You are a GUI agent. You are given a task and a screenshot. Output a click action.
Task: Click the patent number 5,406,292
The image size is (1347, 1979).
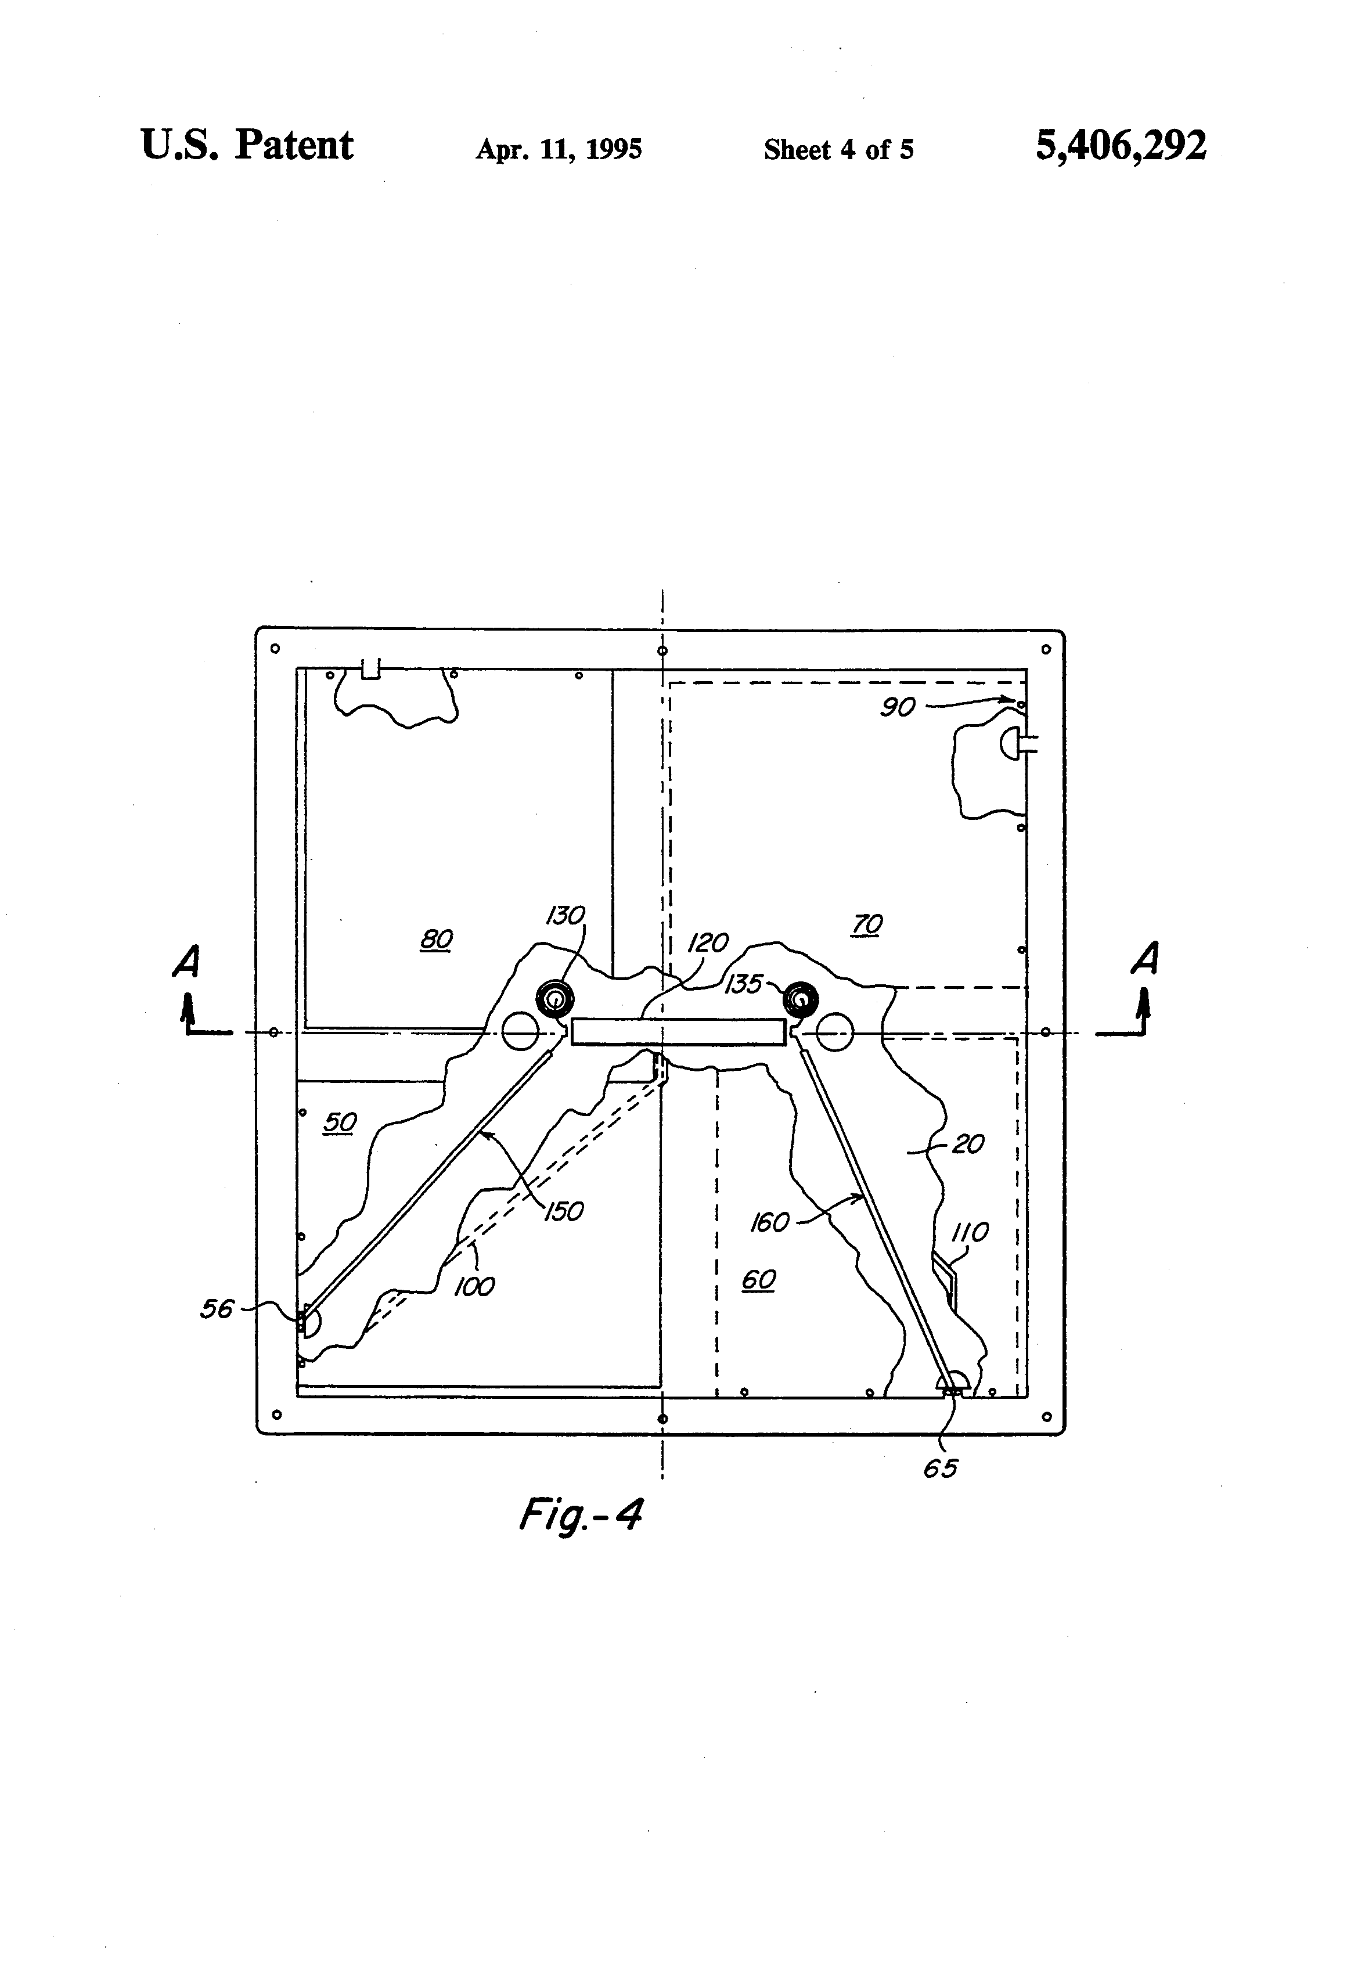pyautogui.click(x=1121, y=146)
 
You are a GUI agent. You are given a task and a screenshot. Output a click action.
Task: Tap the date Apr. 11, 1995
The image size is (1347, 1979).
pyautogui.click(x=559, y=150)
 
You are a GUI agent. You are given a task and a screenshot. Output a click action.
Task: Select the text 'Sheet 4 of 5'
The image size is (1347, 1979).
pyautogui.click(x=839, y=150)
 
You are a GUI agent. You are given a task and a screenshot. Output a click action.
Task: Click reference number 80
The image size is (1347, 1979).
pyautogui.click(x=437, y=939)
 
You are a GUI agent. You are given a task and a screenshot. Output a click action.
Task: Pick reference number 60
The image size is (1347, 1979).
pyautogui.click(x=759, y=1279)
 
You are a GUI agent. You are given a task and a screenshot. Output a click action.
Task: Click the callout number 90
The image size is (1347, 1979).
pyautogui.click(x=898, y=707)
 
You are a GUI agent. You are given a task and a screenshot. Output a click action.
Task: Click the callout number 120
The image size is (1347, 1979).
pyautogui.click(x=708, y=942)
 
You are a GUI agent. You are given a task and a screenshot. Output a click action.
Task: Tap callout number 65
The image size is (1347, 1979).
pyautogui.click(x=941, y=1468)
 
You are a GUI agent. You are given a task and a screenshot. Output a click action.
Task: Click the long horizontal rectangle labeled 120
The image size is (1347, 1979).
pyautogui.click(x=679, y=1032)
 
